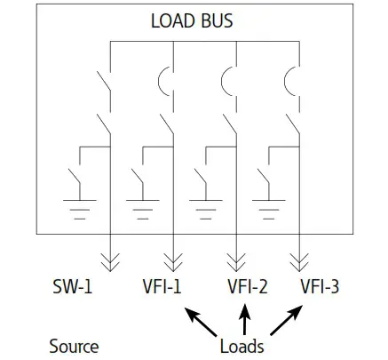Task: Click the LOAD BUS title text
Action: pyautogui.click(x=193, y=20)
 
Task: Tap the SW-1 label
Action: pyautogui.click(x=76, y=287)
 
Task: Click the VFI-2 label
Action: pyautogui.click(x=245, y=287)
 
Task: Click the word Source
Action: pyautogui.click(x=74, y=345)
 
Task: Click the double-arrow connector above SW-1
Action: pyautogui.click(x=110, y=259)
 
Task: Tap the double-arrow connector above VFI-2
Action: pyautogui.click(x=235, y=259)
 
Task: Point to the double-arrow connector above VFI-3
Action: pyautogui.click(x=297, y=259)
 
